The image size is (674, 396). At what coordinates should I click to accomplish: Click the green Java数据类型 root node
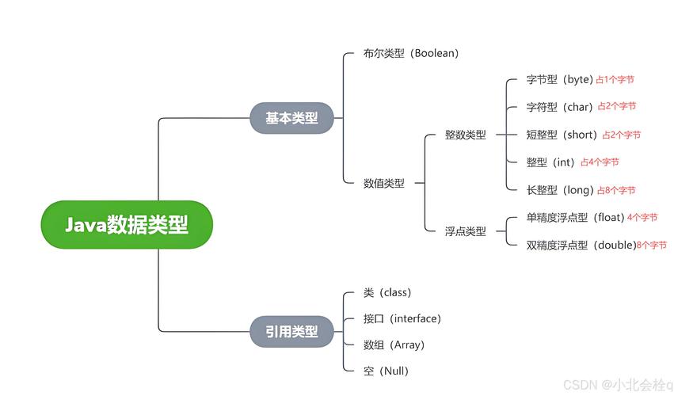(x=127, y=225)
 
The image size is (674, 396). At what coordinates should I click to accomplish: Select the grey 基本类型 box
(x=291, y=118)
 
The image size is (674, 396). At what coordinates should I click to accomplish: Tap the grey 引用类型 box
(x=291, y=331)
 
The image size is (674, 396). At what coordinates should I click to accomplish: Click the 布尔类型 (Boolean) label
(x=411, y=54)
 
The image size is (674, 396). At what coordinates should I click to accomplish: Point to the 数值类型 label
(x=384, y=183)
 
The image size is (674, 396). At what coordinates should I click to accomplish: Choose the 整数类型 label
(x=466, y=135)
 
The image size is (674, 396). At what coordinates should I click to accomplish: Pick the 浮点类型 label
(x=466, y=231)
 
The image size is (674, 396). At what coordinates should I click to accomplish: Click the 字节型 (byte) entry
(x=559, y=79)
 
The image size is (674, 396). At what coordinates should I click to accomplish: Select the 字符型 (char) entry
(x=559, y=107)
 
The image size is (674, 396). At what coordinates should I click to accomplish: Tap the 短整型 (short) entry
(x=562, y=135)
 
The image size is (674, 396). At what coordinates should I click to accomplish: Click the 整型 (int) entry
(x=550, y=162)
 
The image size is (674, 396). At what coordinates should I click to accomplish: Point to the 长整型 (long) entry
(x=559, y=190)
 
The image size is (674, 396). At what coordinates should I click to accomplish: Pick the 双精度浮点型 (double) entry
(x=581, y=246)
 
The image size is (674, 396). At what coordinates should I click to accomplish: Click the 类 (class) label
(x=387, y=292)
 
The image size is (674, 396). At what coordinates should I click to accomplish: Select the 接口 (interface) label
(x=402, y=318)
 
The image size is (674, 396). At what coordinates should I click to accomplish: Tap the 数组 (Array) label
(x=394, y=345)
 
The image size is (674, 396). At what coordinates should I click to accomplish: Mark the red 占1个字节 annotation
(x=615, y=80)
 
